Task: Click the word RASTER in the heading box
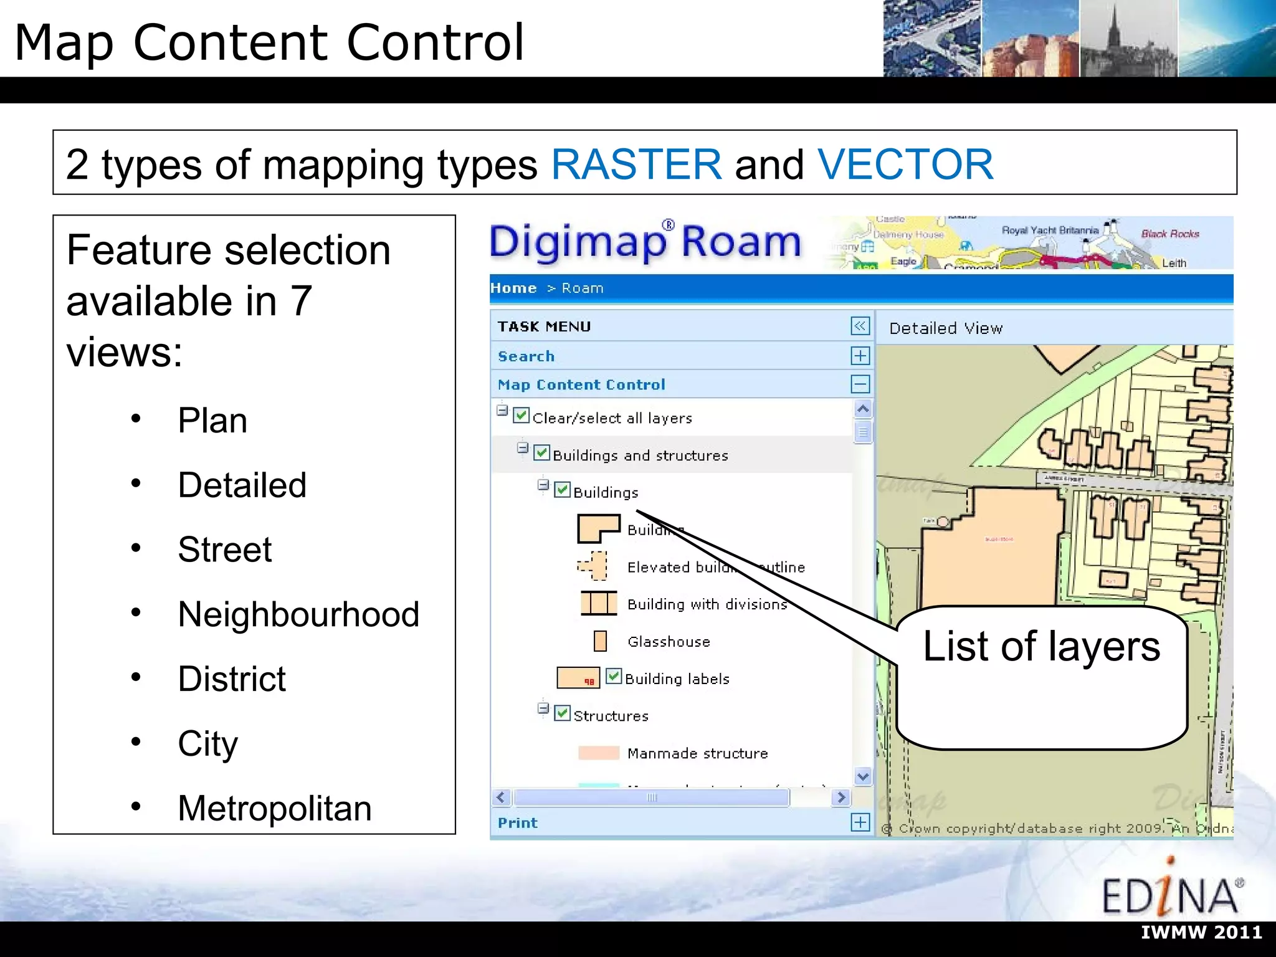click(x=636, y=164)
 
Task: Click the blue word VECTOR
click(x=905, y=164)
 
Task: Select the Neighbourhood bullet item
click(x=298, y=614)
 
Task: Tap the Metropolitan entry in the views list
click(x=274, y=808)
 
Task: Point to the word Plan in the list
click(x=212, y=421)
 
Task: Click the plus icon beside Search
click(x=860, y=356)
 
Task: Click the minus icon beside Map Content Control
click(x=860, y=384)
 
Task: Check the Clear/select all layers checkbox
click(x=521, y=416)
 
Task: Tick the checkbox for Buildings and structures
click(x=542, y=453)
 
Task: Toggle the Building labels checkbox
click(x=614, y=677)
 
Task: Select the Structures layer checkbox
click(x=562, y=713)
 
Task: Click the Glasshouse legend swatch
click(x=600, y=641)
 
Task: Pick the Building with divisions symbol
click(x=598, y=604)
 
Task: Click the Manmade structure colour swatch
click(x=598, y=753)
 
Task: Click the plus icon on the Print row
click(x=860, y=822)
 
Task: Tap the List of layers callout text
click(x=1041, y=647)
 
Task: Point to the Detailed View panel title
click(x=946, y=328)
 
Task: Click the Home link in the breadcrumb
click(x=513, y=288)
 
